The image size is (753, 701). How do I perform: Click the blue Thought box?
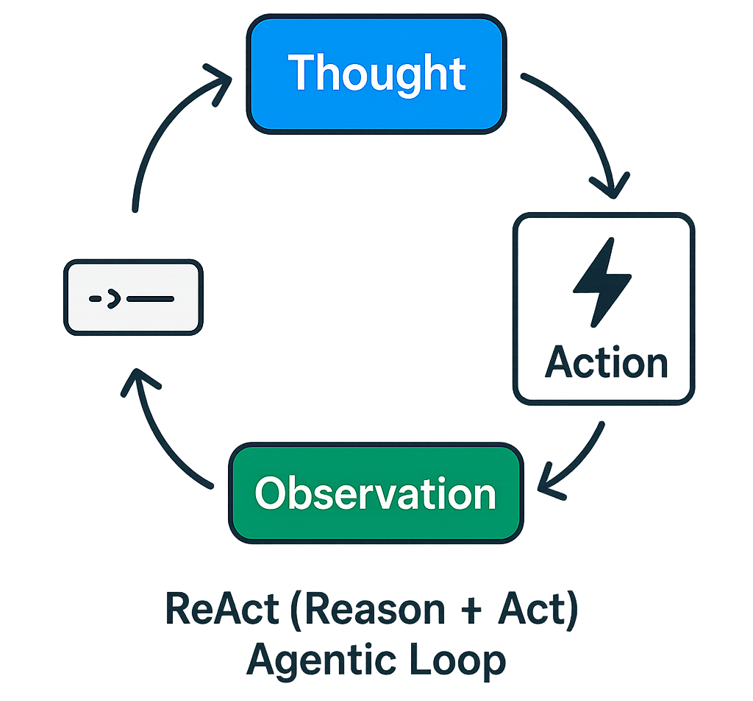pos(375,74)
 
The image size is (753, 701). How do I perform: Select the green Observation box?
pos(376,493)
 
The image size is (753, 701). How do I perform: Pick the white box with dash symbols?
pos(133,298)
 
